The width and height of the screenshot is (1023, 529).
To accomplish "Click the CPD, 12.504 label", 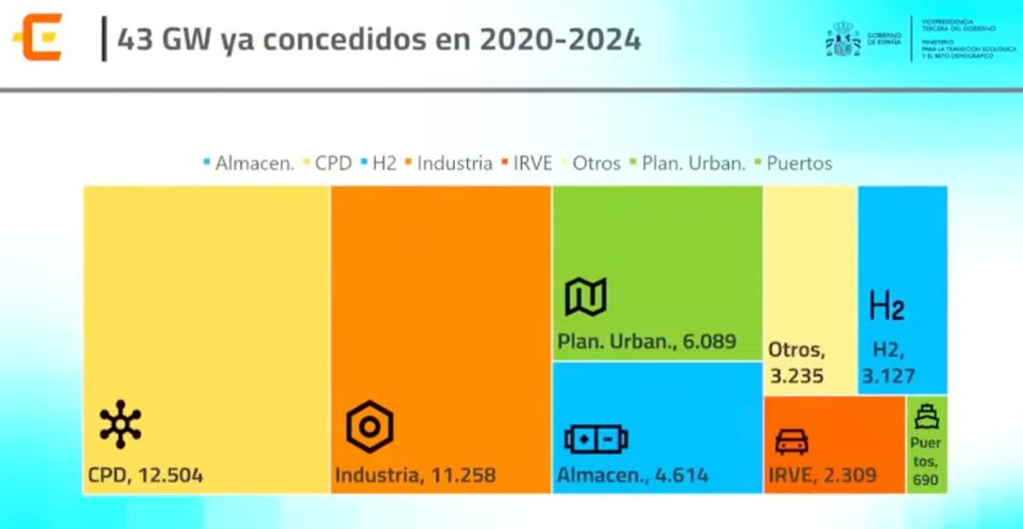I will (145, 475).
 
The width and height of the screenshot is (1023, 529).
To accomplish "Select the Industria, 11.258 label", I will (414, 475).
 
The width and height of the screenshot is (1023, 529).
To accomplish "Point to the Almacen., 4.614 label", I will (633, 475).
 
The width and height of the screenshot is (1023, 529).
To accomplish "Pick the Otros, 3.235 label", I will (796, 362).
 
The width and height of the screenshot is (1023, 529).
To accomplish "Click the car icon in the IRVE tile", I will (791, 441).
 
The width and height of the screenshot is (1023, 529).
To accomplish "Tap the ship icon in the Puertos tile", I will (926, 417).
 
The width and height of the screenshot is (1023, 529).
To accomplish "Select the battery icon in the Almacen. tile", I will (596, 440).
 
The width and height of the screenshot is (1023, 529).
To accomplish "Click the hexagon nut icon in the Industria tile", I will (369, 427).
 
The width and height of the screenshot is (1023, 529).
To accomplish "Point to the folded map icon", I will (586, 297).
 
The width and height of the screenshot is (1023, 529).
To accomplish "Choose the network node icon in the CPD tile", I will (120, 424).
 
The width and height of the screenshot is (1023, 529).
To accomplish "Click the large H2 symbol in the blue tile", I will (887, 305).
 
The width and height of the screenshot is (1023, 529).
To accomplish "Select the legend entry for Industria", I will (449, 163).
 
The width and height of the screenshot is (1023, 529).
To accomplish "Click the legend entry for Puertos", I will (794, 163).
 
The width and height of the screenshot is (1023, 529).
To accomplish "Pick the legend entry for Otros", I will (592, 163).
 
